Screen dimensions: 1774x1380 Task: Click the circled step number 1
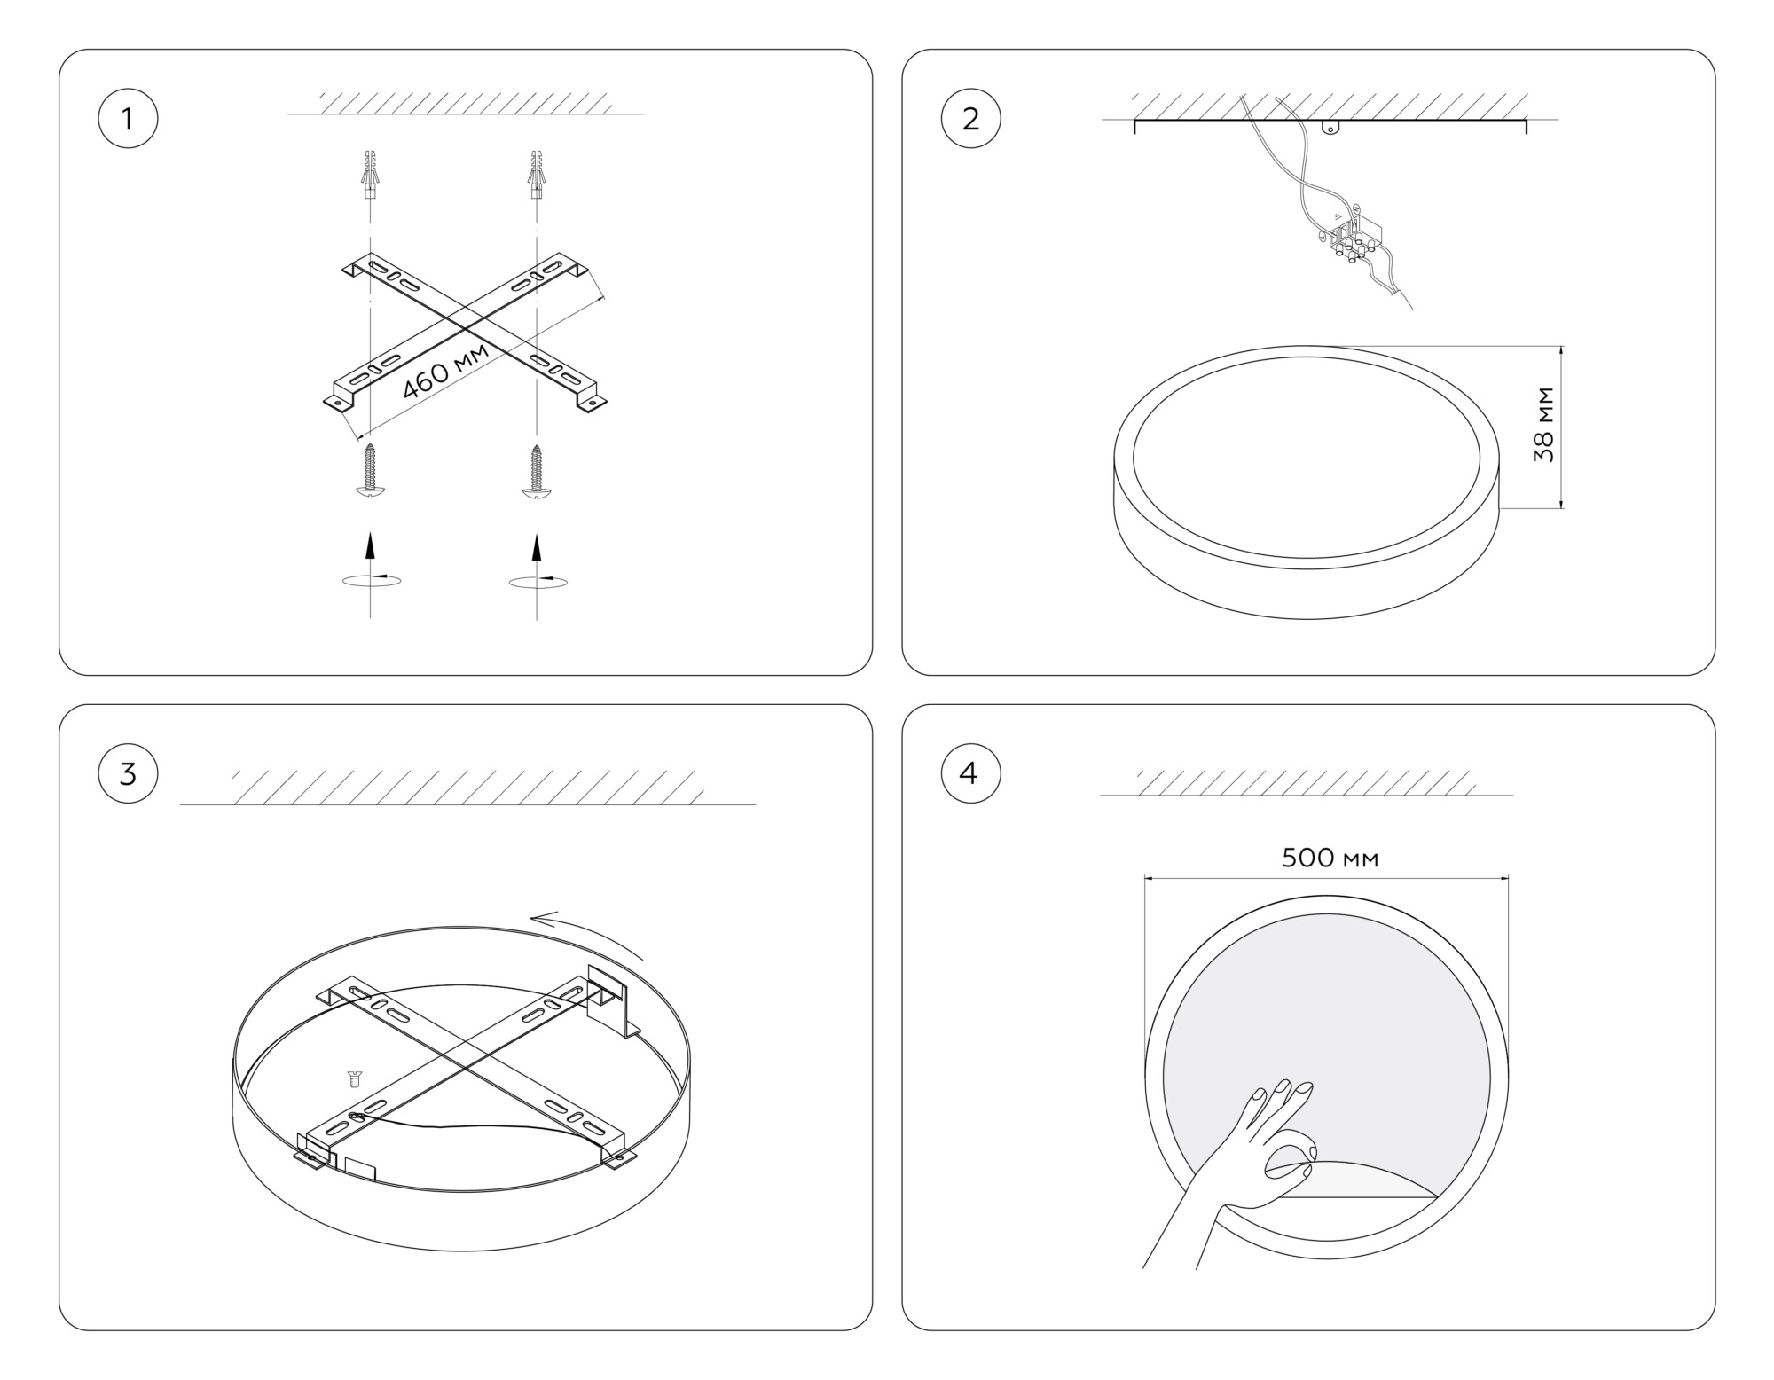click(128, 118)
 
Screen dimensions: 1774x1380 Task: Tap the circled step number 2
click(970, 118)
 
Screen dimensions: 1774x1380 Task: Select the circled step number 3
click(128, 773)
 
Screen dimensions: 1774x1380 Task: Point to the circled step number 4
click(970, 773)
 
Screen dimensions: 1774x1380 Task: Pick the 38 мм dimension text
click(1544, 424)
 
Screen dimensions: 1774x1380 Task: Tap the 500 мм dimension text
click(1330, 858)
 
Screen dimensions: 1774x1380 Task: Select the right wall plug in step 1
click(536, 175)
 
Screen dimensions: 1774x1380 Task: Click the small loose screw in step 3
click(356, 1079)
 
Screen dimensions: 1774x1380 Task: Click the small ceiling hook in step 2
click(1330, 127)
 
